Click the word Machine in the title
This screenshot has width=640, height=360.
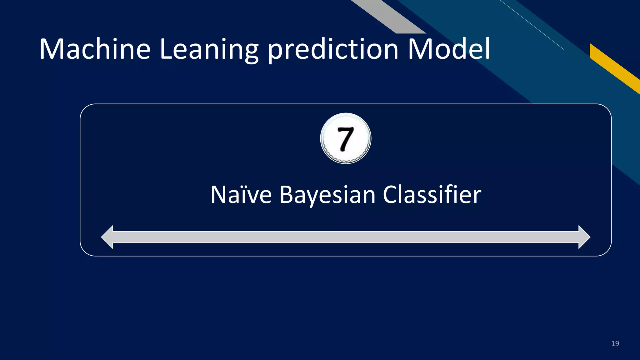click(x=95, y=49)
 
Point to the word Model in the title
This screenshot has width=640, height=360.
click(x=449, y=49)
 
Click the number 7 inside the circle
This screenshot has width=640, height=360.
click(x=346, y=139)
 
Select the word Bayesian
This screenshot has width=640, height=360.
click(x=327, y=195)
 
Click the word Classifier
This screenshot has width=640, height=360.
click(x=432, y=195)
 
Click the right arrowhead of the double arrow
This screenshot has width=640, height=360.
click(x=584, y=237)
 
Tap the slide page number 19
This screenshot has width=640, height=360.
click(x=615, y=344)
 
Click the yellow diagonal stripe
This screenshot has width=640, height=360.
click(x=614, y=68)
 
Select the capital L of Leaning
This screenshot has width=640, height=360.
click(x=166, y=49)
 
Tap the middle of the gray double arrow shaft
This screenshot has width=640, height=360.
click(x=346, y=237)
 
